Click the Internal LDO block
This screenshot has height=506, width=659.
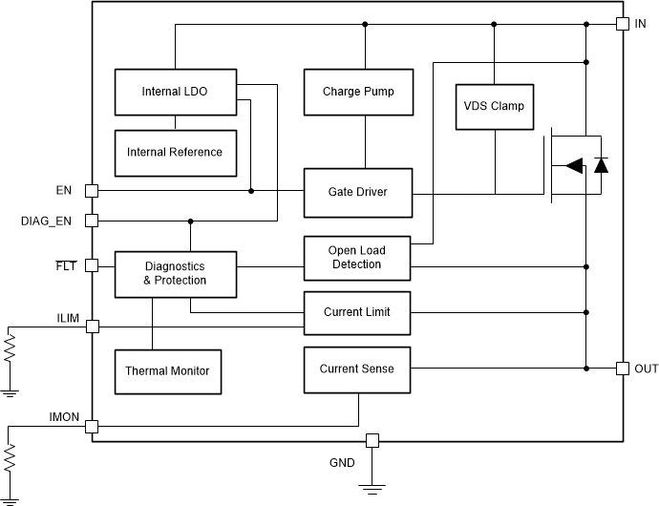click(x=174, y=93)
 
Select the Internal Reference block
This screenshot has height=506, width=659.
click(x=174, y=152)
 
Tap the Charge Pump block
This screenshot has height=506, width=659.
click(x=358, y=93)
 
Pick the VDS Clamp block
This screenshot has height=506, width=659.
click(x=494, y=106)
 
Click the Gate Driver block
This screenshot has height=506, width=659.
click(x=358, y=191)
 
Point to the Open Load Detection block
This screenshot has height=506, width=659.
click(x=356, y=258)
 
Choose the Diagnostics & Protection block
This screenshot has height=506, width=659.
click(x=174, y=273)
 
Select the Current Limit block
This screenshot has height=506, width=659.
click(x=356, y=311)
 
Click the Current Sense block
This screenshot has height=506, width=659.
click(x=356, y=369)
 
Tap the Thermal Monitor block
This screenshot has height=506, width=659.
click(x=167, y=370)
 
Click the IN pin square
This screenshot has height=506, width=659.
click(x=622, y=23)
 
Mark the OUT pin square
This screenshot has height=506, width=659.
click(x=622, y=368)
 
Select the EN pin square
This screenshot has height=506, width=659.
click(x=92, y=190)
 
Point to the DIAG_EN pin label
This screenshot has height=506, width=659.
click(x=46, y=221)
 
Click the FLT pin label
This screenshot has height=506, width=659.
click(x=64, y=265)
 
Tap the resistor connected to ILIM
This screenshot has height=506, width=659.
click(x=10, y=348)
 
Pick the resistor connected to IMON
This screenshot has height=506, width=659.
click(x=10, y=459)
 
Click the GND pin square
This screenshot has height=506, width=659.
click(x=372, y=440)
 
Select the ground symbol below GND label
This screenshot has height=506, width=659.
click(x=372, y=490)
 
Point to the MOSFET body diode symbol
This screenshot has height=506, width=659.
click(x=601, y=165)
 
